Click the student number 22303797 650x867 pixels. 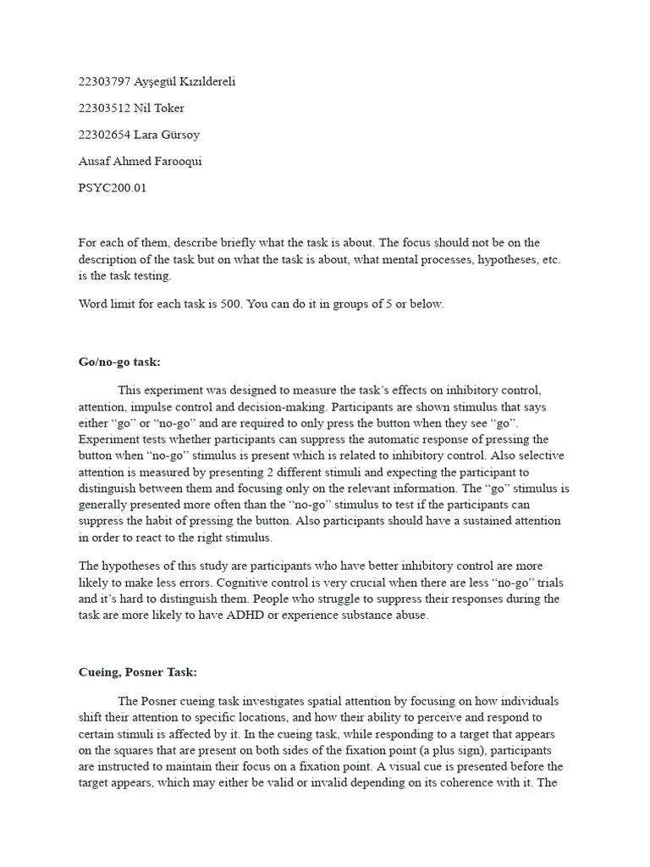tap(104, 82)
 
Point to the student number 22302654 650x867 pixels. tap(104, 135)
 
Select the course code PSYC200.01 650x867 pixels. tap(113, 188)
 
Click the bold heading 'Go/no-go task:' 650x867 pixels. tap(119, 362)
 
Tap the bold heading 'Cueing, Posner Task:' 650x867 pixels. tap(137, 671)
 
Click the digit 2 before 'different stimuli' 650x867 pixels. tap(303, 472)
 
